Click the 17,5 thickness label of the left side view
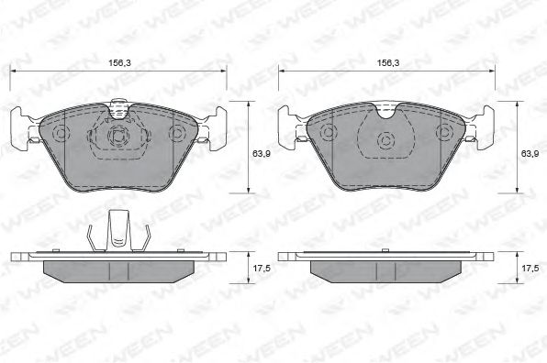(x=260, y=269)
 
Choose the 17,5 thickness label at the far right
(x=530, y=269)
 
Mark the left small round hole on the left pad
(x=63, y=135)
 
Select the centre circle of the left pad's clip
(x=117, y=138)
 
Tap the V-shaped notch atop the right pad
(x=387, y=112)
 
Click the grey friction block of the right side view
(x=387, y=269)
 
